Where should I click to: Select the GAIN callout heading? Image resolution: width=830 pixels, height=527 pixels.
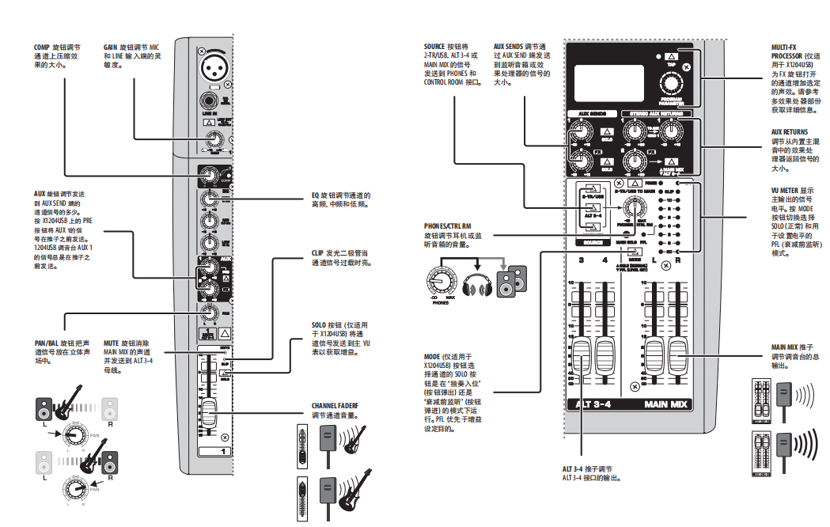tap(111, 47)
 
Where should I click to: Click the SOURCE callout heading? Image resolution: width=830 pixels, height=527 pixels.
tap(434, 47)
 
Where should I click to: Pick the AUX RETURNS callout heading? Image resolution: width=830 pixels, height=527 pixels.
tap(790, 132)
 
